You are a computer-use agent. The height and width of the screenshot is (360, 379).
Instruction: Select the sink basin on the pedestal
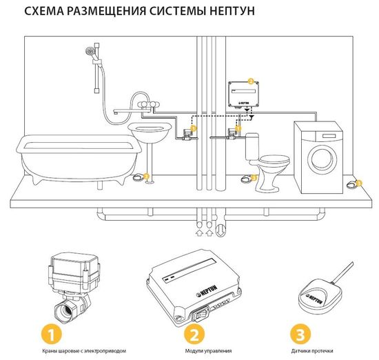click(x=149, y=132)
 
